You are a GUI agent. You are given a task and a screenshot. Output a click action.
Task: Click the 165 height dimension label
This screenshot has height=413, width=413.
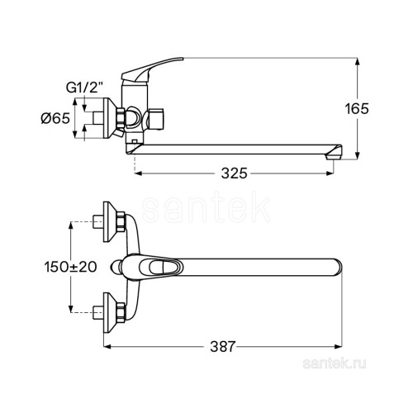coord(357,109)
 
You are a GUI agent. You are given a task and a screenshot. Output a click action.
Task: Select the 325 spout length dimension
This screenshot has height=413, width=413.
coord(235,173)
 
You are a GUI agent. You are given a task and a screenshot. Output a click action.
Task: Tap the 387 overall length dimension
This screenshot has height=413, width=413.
coord(223,346)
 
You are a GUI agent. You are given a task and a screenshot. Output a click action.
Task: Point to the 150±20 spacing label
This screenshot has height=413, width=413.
coord(71,267)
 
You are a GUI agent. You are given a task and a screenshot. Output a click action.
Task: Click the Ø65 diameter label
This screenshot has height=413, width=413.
coord(55,118)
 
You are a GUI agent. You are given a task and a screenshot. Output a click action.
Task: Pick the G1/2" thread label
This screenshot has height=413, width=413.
coord(84,88)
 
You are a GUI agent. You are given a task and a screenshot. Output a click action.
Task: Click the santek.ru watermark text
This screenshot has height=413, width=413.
coord(335,364)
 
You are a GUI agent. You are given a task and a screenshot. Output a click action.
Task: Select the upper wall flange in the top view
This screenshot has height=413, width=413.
coord(110,222)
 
